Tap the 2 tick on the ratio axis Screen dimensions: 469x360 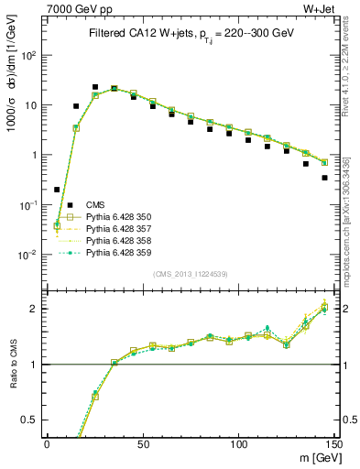37,309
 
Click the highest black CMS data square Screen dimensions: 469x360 94,87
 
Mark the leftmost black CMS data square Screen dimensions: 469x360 57,190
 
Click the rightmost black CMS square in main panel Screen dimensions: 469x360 325,178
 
